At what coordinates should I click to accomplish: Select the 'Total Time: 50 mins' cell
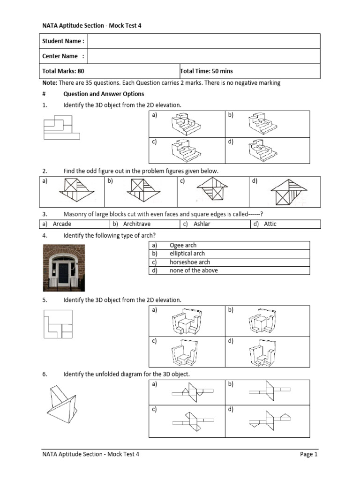click(x=207, y=71)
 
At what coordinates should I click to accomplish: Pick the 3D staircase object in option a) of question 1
click(x=186, y=124)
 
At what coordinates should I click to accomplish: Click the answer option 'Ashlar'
click(x=202, y=224)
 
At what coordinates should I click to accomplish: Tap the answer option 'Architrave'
click(x=136, y=224)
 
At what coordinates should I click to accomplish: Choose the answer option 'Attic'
click(x=270, y=224)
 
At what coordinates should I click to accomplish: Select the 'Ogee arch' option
click(x=183, y=245)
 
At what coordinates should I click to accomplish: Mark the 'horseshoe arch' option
click(x=189, y=262)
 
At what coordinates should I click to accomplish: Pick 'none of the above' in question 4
click(x=193, y=270)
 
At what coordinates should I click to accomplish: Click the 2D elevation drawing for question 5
click(x=58, y=324)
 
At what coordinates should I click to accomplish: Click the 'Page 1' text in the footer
click(x=309, y=454)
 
